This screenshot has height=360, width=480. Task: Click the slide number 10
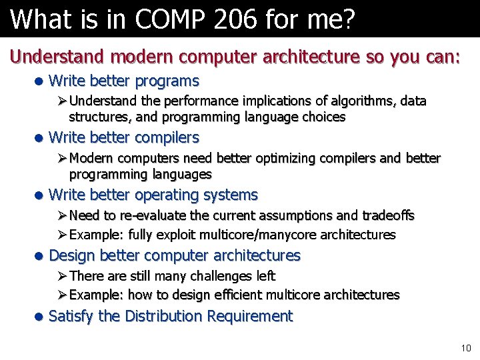[x=465, y=348]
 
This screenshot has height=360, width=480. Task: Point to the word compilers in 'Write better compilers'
[x=167, y=138]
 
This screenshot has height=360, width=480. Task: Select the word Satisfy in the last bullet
[x=71, y=316]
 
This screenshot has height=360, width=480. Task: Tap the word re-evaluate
[x=152, y=215]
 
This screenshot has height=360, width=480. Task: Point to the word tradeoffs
[x=389, y=215]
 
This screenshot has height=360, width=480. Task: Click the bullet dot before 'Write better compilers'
[x=39, y=138]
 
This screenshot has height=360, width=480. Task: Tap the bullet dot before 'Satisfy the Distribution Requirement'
[x=39, y=316]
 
